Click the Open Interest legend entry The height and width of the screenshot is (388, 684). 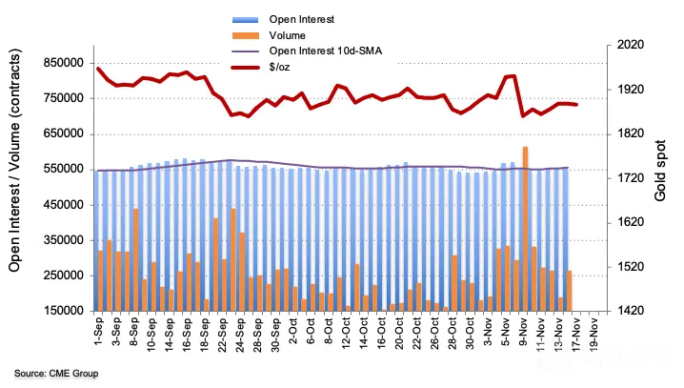point(301,19)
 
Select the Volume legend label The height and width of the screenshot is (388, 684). point(287,35)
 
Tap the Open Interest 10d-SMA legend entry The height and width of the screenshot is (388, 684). point(326,51)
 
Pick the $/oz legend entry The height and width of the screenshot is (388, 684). point(279,67)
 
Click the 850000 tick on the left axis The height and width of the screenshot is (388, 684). point(64,63)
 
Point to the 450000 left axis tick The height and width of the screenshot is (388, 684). point(64,205)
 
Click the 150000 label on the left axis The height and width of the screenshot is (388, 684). point(64,311)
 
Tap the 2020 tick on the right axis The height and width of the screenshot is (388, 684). point(630,45)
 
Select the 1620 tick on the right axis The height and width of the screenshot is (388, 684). point(630,222)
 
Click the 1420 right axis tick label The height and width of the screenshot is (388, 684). point(630,311)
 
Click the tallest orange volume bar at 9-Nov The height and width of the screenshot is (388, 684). point(525,229)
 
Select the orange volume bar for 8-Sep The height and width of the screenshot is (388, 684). point(135,259)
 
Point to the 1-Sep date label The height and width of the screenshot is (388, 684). point(98,332)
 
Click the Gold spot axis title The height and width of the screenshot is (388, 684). point(660,171)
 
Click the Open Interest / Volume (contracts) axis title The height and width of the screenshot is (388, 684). point(15,160)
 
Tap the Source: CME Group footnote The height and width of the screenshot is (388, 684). point(56,374)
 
